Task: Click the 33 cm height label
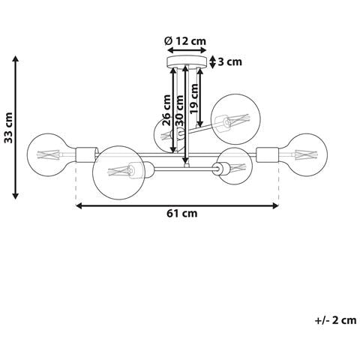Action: pos(9,127)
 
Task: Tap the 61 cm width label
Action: pos(182,214)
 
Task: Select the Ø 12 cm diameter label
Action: pos(185,41)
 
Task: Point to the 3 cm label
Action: pos(230,61)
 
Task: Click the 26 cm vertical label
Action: pos(166,110)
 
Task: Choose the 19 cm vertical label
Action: pos(194,99)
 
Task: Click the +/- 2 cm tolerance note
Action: pos(336,320)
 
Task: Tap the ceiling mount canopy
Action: pos(187,61)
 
